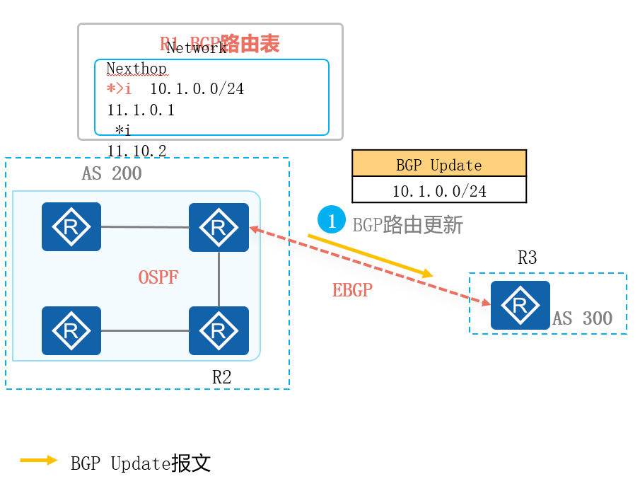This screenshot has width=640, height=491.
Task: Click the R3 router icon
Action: [x=520, y=305]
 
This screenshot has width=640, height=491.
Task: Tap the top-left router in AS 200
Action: [x=71, y=227]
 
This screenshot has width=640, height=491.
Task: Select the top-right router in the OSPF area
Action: [x=219, y=227]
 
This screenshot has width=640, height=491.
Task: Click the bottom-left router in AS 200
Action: [x=71, y=330]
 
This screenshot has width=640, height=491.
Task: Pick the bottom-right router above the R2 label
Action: [x=219, y=330]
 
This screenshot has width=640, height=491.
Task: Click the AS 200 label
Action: [x=112, y=173]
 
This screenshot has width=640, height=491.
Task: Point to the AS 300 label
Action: [x=583, y=318]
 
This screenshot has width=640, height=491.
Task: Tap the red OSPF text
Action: [x=158, y=277]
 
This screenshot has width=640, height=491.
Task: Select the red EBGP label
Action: [x=352, y=290]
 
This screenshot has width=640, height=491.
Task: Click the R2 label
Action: [x=221, y=377]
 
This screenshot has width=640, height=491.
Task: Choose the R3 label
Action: [x=527, y=258]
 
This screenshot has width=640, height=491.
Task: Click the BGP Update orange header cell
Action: [x=438, y=165]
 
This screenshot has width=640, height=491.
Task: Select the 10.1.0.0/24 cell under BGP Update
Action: [x=438, y=191]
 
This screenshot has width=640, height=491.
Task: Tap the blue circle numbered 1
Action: [x=331, y=220]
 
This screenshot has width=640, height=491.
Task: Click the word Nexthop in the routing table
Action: [x=136, y=69]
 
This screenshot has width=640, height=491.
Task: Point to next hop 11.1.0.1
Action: [x=140, y=110]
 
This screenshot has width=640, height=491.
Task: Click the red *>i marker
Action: [x=119, y=89]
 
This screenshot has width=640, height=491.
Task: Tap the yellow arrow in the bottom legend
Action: [x=38, y=461]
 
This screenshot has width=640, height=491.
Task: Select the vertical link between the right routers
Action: [x=219, y=279]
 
